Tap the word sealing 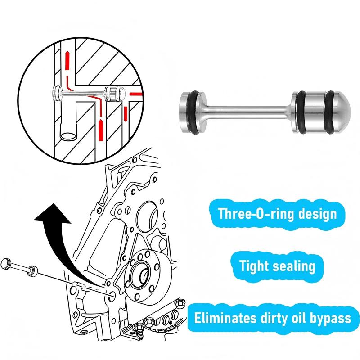[295, 266]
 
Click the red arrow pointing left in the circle [135, 94]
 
